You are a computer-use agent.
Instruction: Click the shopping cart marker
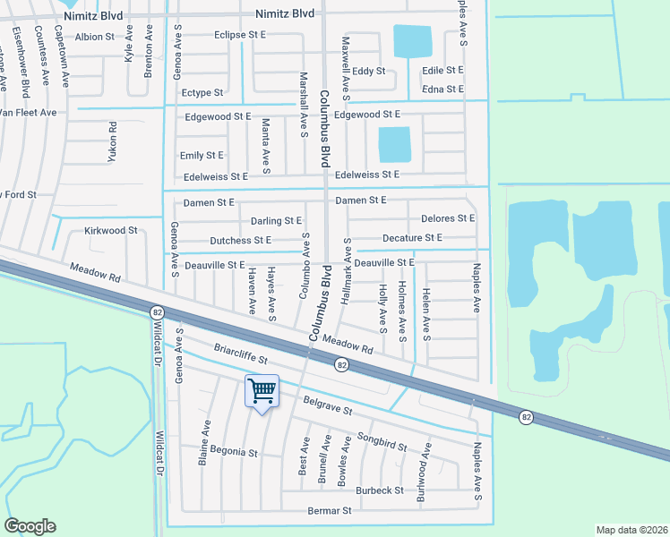point(262,390)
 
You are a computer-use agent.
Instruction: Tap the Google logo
point(30,526)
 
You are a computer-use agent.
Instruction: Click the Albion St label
point(95,37)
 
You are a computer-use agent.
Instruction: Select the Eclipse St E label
point(241,35)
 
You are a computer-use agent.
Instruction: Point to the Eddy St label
point(368,71)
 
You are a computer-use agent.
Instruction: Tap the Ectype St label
point(202,92)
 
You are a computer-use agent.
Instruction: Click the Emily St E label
point(202,155)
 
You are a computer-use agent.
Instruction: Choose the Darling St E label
point(276,220)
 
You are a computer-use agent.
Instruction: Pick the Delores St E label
point(448,217)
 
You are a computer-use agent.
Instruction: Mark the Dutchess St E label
point(240,240)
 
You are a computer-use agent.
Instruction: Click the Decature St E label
point(412,237)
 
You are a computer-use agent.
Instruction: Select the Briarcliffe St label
point(240,354)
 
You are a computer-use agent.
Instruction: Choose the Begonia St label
point(234,452)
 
